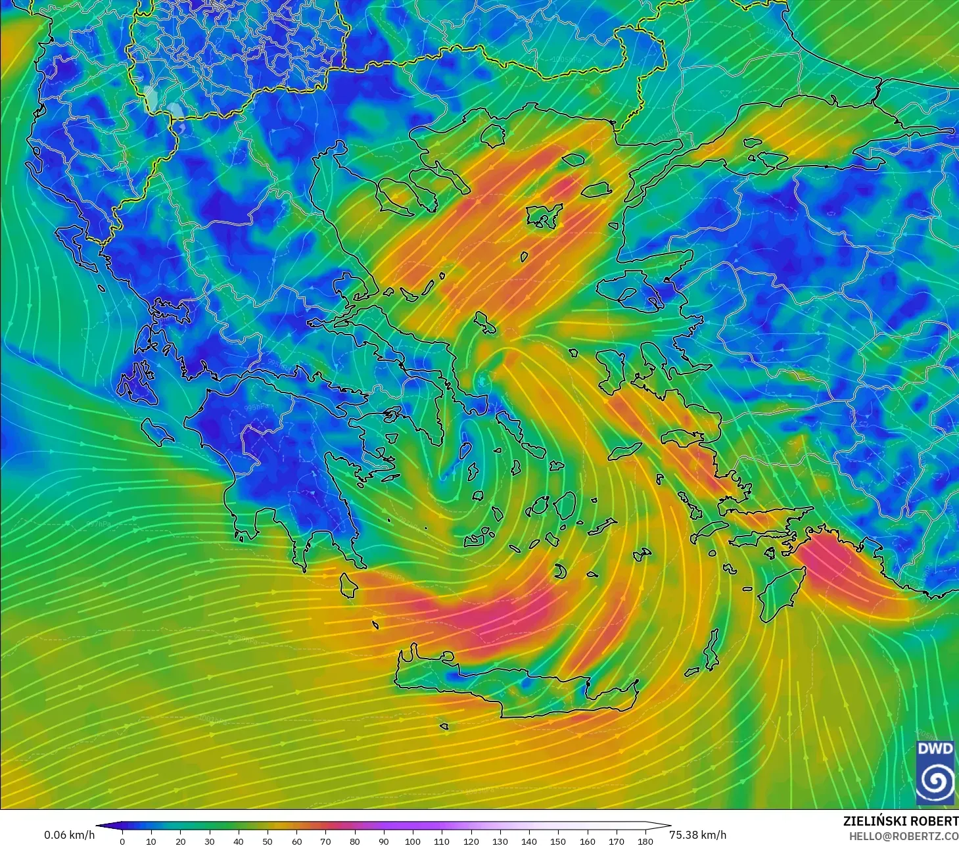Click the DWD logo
click(x=936, y=772)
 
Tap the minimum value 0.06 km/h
click(x=69, y=835)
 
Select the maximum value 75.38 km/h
click(x=698, y=835)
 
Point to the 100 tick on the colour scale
click(x=413, y=841)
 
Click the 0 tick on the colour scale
click(x=122, y=841)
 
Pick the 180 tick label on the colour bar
click(x=645, y=841)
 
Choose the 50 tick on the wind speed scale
click(x=268, y=841)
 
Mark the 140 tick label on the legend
click(x=529, y=841)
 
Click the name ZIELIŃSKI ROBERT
click(x=901, y=821)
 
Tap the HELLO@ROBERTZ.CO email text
click(x=903, y=835)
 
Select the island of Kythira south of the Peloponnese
click(x=348, y=584)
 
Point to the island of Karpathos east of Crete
click(x=711, y=649)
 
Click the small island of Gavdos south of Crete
click(x=444, y=726)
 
